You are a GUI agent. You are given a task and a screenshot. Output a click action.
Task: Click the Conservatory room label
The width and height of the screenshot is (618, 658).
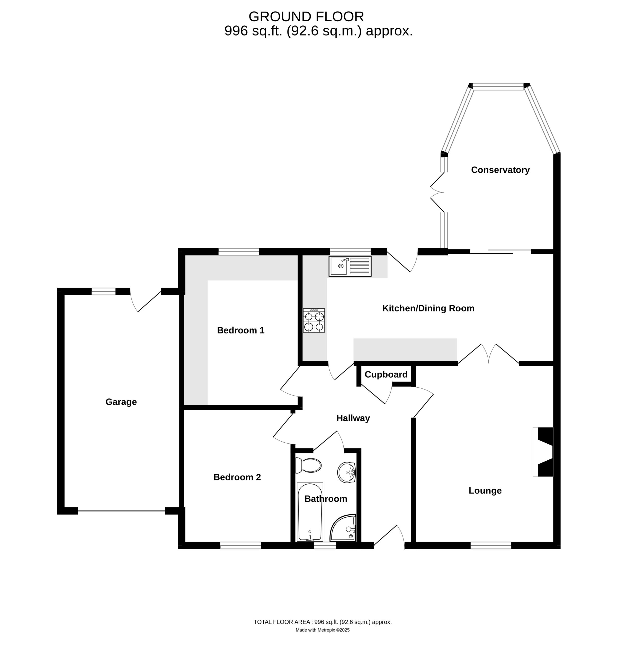(500, 170)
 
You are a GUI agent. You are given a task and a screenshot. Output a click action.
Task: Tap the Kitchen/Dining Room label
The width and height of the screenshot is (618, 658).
(428, 308)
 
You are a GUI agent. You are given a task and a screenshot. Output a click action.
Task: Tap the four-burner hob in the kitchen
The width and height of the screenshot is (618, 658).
(314, 321)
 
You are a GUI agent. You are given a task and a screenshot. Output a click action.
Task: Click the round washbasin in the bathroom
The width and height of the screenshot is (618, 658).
(346, 472)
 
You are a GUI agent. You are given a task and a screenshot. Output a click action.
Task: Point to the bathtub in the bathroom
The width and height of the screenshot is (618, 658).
(310, 512)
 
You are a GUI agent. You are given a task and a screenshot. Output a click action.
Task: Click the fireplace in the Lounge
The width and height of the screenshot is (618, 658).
(543, 452)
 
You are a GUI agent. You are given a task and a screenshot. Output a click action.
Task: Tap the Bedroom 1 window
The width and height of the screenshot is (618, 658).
(239, 252)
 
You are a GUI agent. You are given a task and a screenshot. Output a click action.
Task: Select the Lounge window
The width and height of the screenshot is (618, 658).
(491, 545)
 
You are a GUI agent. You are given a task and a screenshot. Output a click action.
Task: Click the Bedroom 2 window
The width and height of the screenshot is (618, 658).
(240, 545)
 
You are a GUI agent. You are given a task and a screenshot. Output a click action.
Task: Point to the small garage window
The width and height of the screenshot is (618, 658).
(104, 291)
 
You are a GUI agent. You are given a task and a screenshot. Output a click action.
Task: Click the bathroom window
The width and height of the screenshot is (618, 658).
(325, 545)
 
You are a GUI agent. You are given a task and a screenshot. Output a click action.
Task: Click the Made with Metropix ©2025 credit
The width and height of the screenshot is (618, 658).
(323, 630)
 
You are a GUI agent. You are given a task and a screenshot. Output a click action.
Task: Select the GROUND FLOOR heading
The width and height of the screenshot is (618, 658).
(306, 16)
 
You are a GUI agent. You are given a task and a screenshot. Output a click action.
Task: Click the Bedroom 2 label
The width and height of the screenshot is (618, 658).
(237, 477)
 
